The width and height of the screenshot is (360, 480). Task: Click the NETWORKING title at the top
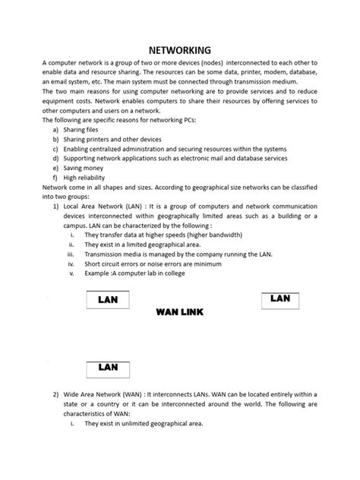click(x=180, y=49)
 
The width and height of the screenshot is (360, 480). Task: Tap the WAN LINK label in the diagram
click(x=179, y=313)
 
